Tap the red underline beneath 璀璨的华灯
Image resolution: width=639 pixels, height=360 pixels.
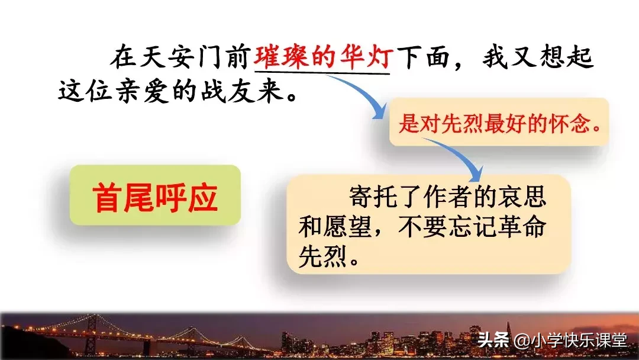click(x=322, y=72)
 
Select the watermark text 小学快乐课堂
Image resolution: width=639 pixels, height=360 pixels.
click(x=577, y=340)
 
